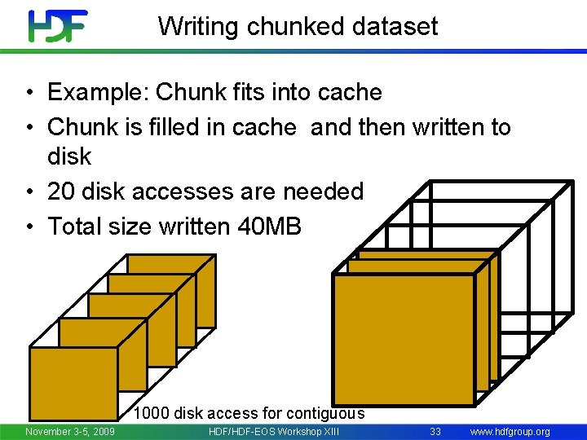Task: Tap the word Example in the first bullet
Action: click(97, 92)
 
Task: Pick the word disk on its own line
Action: click(69, 156)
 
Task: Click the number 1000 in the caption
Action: click(152, 413)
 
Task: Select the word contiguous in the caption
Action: click(326, 413)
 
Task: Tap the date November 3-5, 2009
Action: click(69, 431)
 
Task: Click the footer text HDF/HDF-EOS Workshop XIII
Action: click(274, 431)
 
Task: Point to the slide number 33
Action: click(435, 431)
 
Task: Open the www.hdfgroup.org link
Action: click(510, 431)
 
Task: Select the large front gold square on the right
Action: click(404, 339)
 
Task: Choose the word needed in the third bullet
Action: click(322, 191)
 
